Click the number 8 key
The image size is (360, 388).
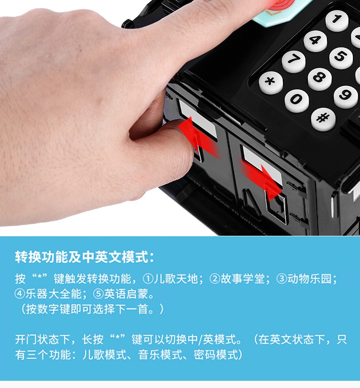320,79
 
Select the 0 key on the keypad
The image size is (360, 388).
297,100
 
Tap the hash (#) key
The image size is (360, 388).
323,119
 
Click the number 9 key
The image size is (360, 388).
346,97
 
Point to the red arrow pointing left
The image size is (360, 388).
198,137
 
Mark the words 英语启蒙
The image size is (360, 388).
126,294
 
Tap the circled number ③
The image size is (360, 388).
282,279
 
